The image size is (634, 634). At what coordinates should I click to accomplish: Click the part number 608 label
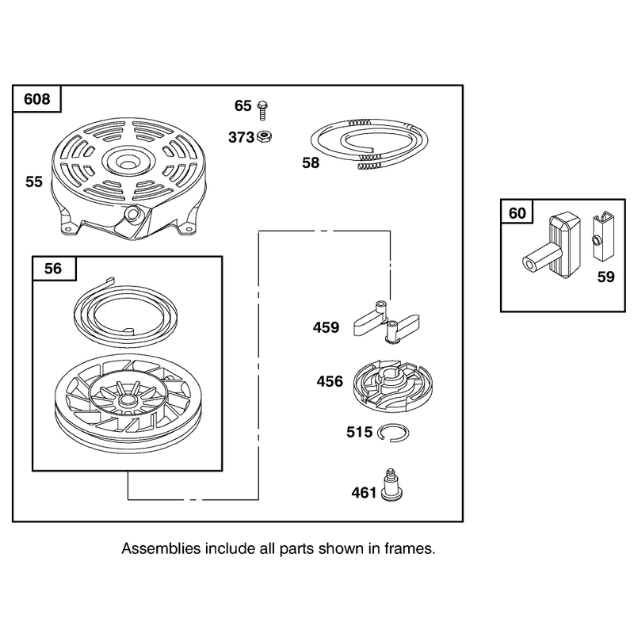tap(36, 99)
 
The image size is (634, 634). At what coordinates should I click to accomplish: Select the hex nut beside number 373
tap(265, 136)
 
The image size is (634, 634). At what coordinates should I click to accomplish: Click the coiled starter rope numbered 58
tap(369, 143)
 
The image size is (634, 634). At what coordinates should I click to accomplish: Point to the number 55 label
tap(34, 182)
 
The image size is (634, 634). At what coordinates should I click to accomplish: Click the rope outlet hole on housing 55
tap(132, 213)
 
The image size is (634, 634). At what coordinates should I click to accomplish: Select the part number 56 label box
tap(53, 269)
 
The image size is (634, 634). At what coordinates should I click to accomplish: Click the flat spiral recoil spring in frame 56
tap(126, 313)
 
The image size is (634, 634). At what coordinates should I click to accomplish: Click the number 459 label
tap(326, 327)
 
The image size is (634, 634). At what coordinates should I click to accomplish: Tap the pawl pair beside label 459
tap(387, 322)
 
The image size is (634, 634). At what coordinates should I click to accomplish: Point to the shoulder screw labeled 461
tap(391, 485)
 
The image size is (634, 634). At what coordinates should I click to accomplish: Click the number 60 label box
tap(518, 212)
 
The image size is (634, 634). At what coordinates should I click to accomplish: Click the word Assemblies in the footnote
tap(161, 548)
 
